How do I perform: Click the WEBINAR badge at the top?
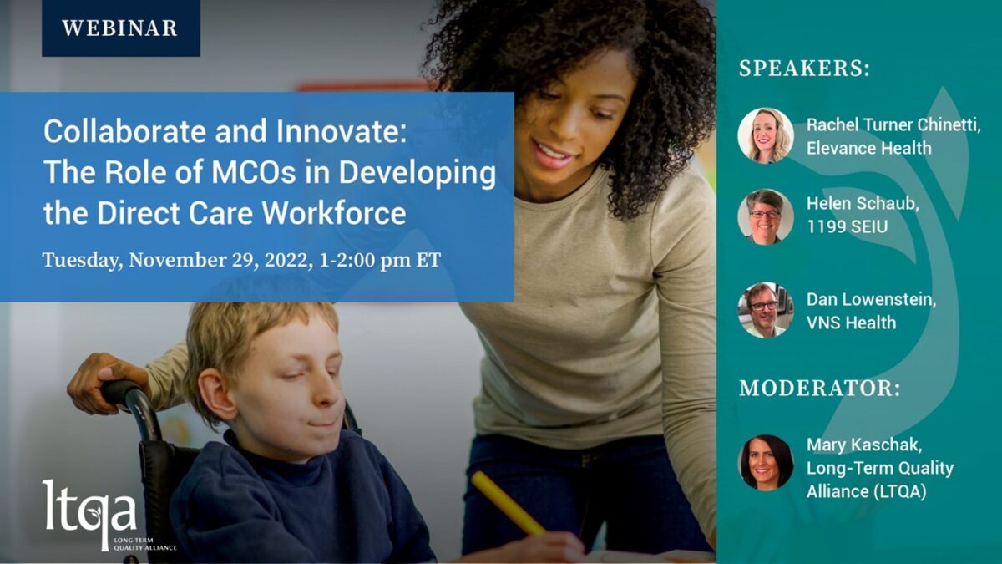(121, 28)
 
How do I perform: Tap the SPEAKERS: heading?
(804, 69)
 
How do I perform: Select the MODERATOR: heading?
(819, 388)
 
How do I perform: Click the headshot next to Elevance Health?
(766, 135)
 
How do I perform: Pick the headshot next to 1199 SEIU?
(766, 216)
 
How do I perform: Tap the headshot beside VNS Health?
(766, 310)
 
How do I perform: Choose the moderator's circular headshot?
(766, 463)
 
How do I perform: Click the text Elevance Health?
(868, 148)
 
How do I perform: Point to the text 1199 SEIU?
(847, 226)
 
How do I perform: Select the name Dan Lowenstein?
(871, 300)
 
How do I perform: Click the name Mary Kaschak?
(864, 445)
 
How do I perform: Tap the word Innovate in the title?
(341, 131)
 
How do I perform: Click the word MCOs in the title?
(254, 172)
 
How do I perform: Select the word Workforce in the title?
(334, 212)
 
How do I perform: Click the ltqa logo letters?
(89, 511)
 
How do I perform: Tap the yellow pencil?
(509, 503)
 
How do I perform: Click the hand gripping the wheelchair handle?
(108, 382)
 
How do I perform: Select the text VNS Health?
(851, 323)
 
